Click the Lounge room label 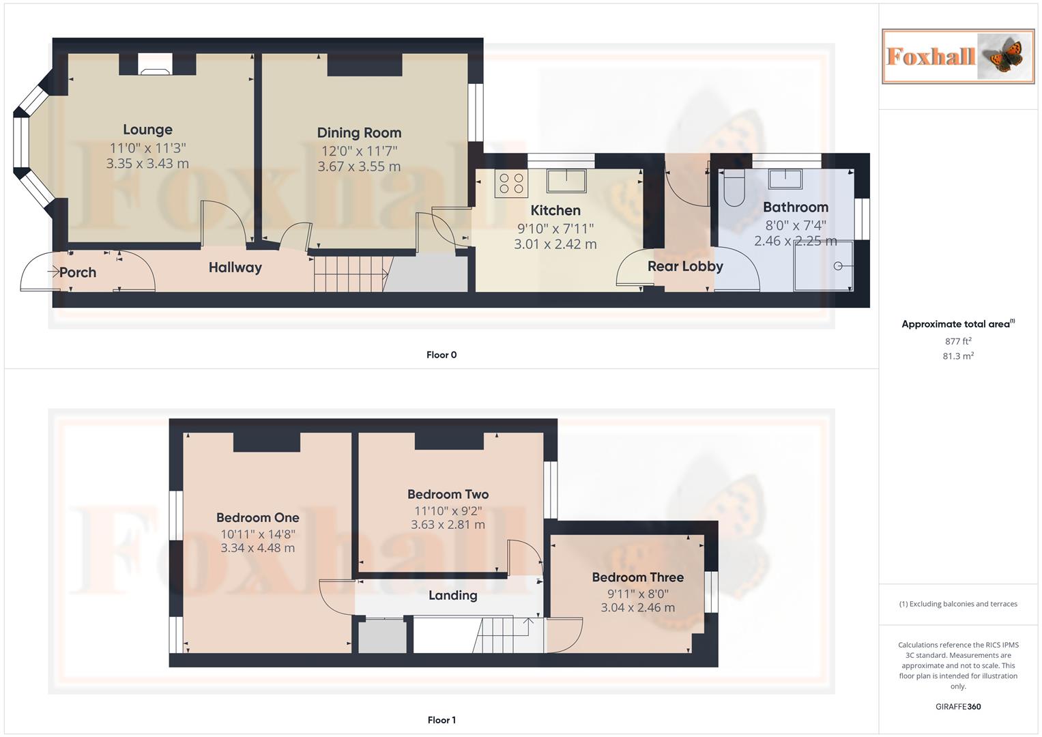[x=147, y=130]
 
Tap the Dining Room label [x=359, y=133]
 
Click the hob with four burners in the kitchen [x=511, y=183]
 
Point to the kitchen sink [x=566, y=181]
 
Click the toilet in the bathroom [x=734, y=188]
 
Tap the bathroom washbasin [x=785, y=179]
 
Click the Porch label [x=78, y=272]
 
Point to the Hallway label [x=235, y=268]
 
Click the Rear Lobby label [x=685, y=266]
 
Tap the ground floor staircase [x=349, y=274]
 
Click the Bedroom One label [x=257, y=518]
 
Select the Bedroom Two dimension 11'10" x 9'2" [x=448, y=510]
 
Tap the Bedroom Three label [x=637, y=577]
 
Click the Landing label [x=452, y=596]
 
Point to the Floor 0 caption [x=442, y=355]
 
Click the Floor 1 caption [x=442, y=720]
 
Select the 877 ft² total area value [x=958, y=341]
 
